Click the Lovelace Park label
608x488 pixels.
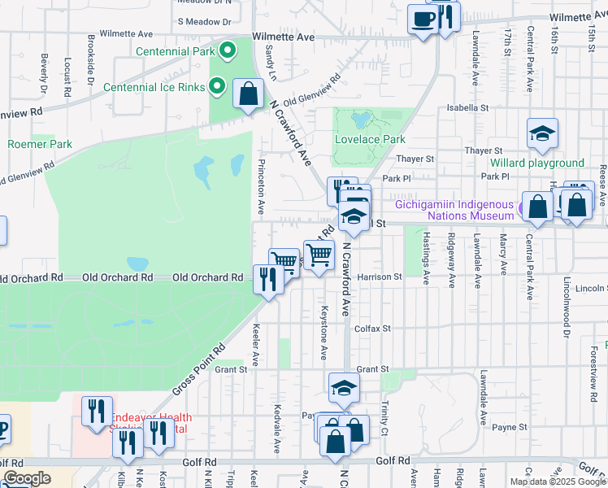tap(370, 139)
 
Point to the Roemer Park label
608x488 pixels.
tap(40, 145)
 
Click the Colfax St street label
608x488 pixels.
tap(374, 329)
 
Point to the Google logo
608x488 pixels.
tap(26, 478)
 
